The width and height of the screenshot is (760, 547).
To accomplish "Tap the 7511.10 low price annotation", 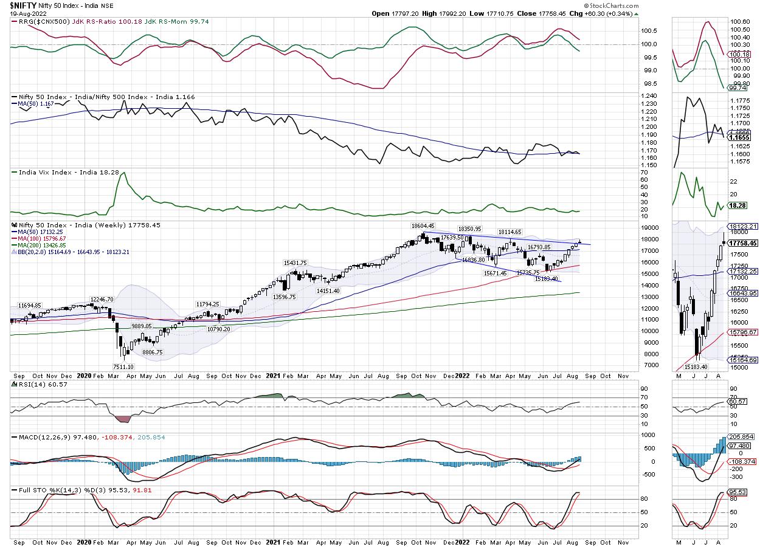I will [x=127, y=366].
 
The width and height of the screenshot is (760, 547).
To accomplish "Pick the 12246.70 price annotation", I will [x=103, y=299].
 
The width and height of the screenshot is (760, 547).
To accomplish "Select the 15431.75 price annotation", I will [x=295, y=263].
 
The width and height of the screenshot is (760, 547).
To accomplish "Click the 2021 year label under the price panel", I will [x=274, y=376].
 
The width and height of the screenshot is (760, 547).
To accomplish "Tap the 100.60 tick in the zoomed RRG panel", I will [x=742, y=21].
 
